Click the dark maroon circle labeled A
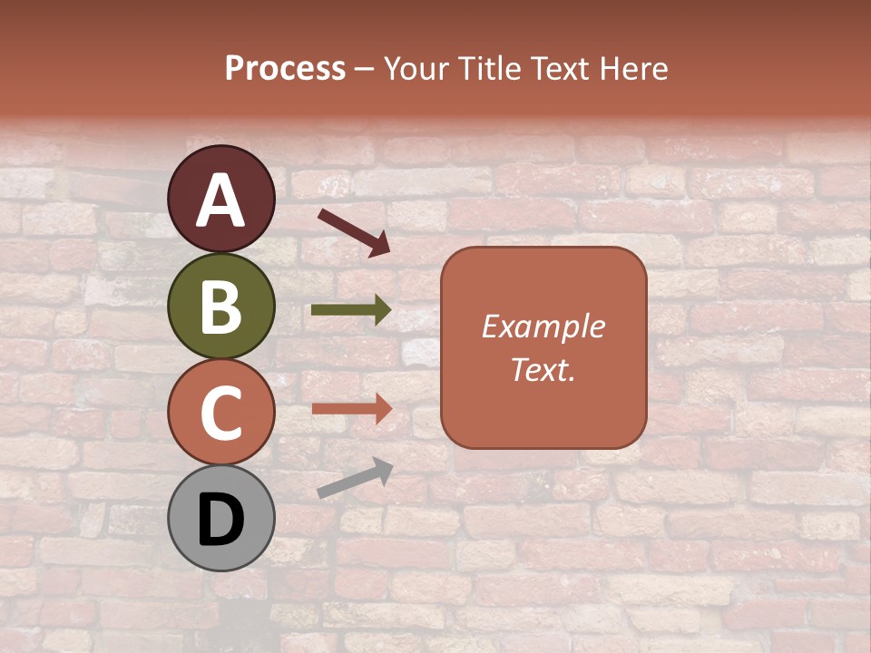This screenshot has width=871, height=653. (x=221, y=199)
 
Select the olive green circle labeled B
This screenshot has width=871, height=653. (x=221, y=306)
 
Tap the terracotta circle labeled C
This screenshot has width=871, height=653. (x=221, y=412)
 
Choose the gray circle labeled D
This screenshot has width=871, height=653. (x=221, y=518)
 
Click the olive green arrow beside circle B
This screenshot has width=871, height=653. (x=351, y=310)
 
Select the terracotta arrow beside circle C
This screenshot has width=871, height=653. (x=351, y=409)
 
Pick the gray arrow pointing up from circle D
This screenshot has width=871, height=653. (x=355, y=477)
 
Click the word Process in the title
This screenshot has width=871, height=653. (x=285, y=68)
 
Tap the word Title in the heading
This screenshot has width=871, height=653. (x=488, y=68)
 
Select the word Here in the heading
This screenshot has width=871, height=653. (x=634, y=68)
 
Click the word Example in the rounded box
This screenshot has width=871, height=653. (x=543, y=326)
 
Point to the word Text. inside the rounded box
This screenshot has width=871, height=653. (x=543, y=370)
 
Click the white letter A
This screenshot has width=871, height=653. (x=221, y=200)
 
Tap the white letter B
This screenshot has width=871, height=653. (x=221, y=307)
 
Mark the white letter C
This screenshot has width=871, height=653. (x=221, y=413)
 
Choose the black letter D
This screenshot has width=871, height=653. (x=221, y=520)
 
